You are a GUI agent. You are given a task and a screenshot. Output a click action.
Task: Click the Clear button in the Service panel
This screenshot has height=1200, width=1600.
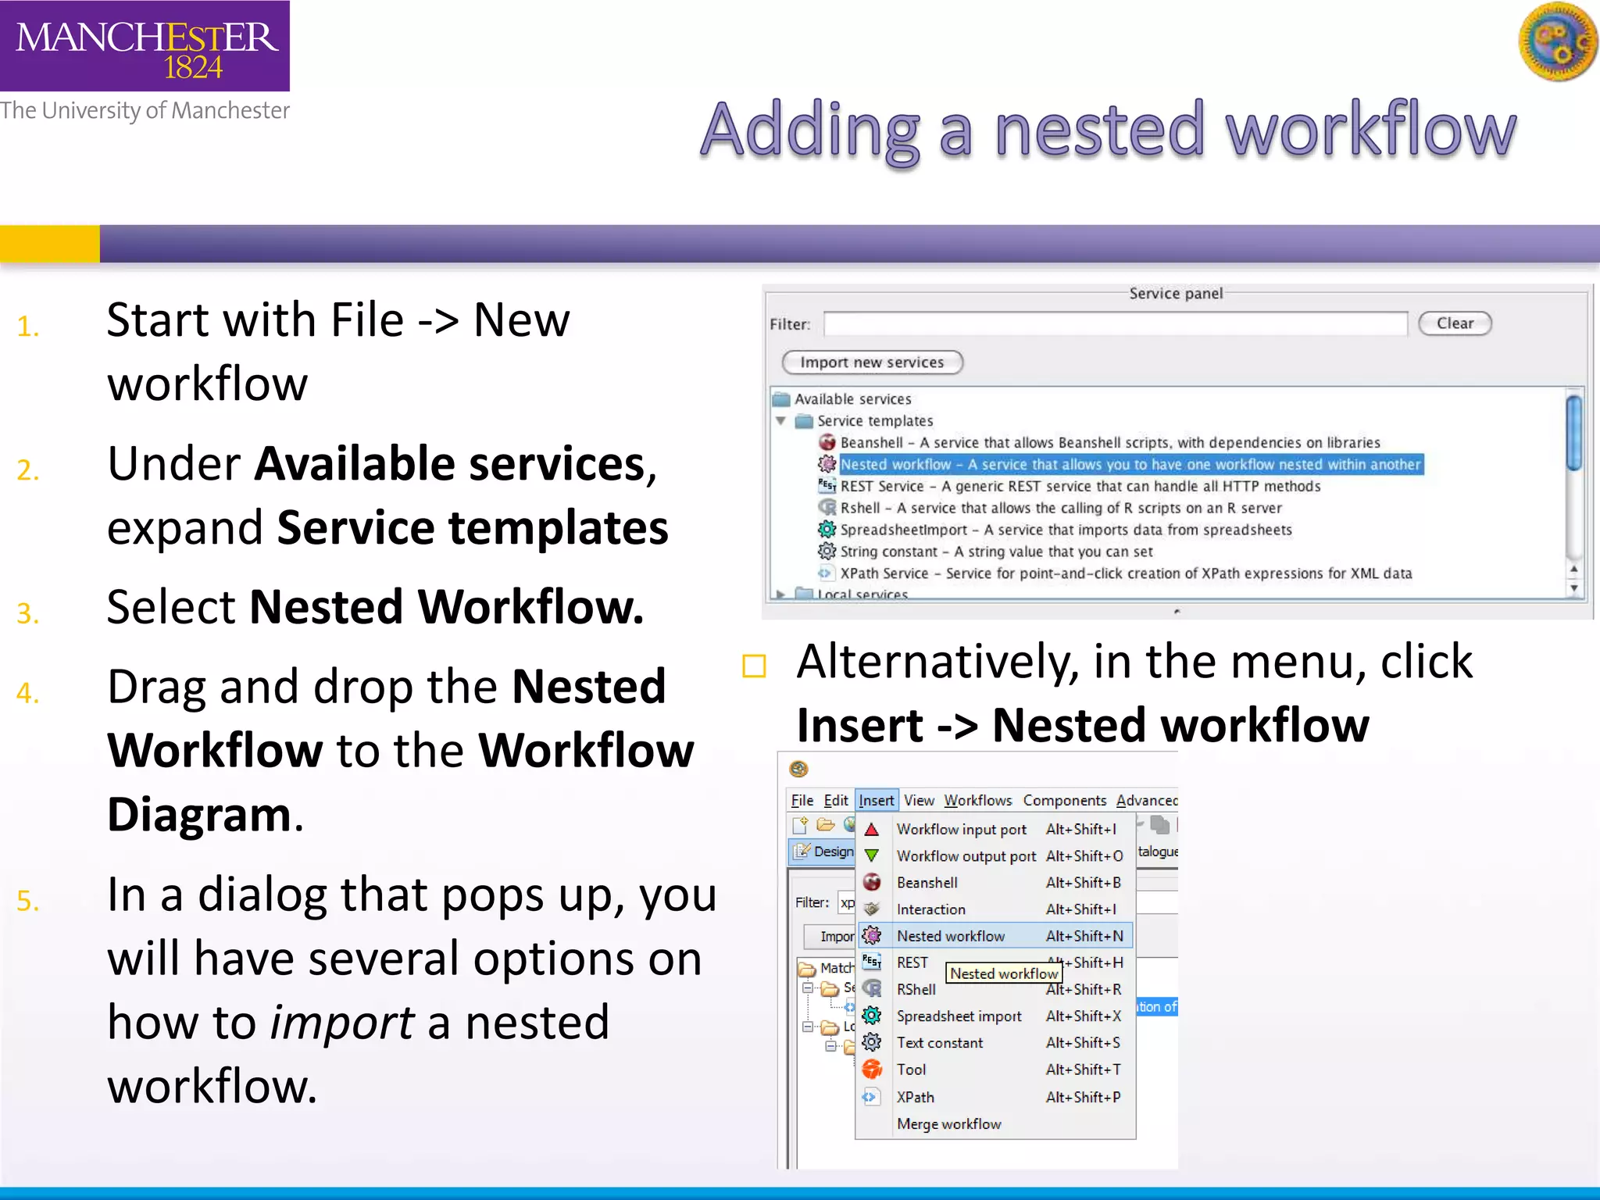[1454, 323]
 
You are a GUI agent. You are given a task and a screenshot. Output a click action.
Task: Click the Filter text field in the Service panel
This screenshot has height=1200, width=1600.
[1115, 323]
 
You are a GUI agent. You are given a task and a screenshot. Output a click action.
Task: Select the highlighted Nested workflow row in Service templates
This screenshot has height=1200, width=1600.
[1130, 465]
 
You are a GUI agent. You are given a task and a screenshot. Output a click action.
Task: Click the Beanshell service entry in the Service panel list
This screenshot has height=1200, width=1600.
[1109, 443]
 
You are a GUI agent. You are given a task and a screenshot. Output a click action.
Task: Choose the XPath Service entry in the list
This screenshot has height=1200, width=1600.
[1125, 573]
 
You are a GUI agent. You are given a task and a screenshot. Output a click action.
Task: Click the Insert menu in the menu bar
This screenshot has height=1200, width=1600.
[876, 801]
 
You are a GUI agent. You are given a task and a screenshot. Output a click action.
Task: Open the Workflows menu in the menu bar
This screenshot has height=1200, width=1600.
[977, 801]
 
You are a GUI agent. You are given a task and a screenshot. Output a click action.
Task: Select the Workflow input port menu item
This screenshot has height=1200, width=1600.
[961, 830]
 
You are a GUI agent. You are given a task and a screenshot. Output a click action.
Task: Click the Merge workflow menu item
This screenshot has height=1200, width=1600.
[948, 1124]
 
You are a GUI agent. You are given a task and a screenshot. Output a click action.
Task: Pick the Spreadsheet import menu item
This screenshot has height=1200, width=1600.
[959, 1016]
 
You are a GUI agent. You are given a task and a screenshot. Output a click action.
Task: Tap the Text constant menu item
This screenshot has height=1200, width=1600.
[939, 1043]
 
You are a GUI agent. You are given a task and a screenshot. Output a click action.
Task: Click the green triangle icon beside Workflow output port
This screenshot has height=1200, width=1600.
[872, 856]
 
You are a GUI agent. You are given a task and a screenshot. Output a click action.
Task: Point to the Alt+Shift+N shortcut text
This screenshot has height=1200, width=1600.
[1084, 936]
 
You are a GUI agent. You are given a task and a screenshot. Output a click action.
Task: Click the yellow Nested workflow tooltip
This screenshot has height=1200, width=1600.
[1003, 973]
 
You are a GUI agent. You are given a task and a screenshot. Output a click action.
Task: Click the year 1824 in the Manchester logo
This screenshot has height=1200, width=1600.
[193, 68]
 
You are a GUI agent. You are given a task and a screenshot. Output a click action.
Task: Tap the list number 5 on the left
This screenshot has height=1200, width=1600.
[28, 901]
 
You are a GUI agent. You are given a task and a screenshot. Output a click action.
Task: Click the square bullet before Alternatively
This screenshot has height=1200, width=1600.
[754, 666]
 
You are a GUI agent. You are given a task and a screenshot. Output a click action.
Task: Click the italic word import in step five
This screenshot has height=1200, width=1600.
[341, 1023]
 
